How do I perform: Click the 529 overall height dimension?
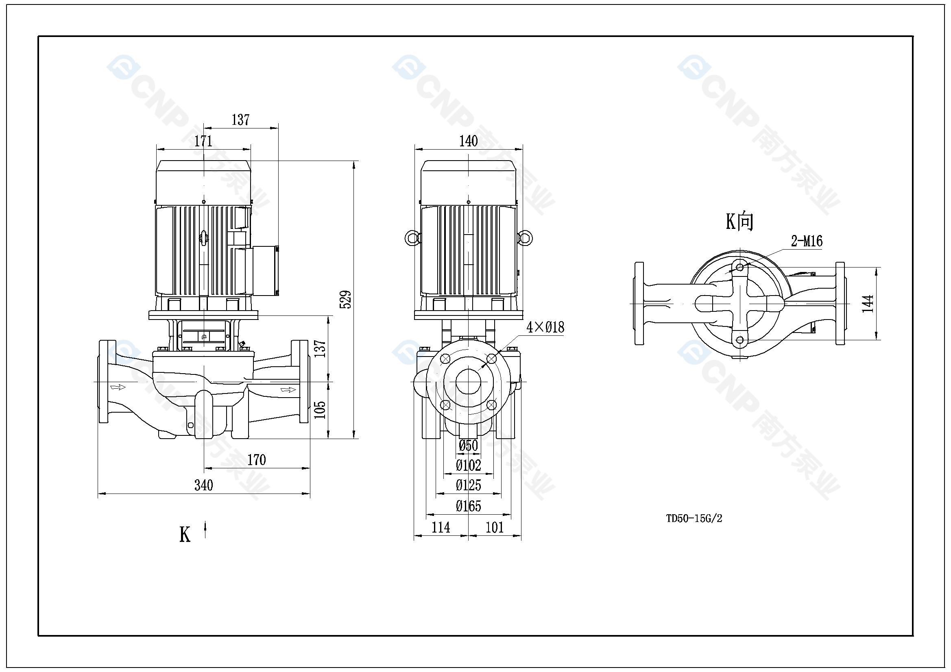(345, 299)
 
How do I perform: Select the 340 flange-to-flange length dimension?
(203, 485)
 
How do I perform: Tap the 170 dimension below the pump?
(256, 460)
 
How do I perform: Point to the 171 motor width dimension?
(203, 141)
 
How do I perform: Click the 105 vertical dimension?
(320, 410)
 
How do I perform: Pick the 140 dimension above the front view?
(468, 141)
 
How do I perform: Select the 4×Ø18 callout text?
(545, 328)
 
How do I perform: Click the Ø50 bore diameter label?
(468, 446)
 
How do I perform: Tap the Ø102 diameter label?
(468, 465)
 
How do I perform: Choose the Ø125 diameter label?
(468, 485)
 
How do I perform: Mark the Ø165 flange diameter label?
(468, 506)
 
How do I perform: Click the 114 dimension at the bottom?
(440, 528)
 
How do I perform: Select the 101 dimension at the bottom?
(494, 528)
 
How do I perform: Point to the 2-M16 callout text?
(807, 241)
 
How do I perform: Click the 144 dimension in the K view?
(868, 304)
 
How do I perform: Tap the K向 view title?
(739, 222)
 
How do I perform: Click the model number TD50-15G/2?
(694, 518)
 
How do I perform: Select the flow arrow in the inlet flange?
(118, 387)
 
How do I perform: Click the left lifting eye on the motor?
(412, 238)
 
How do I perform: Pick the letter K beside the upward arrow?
(185, 535)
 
